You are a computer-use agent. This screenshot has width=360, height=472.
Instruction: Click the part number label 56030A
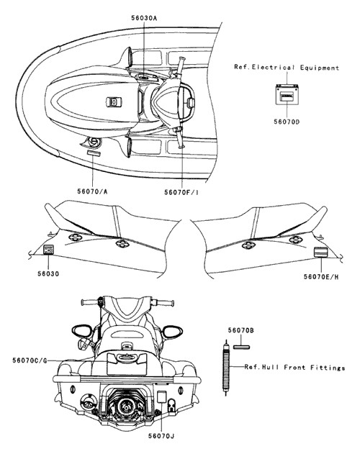coord(144,18)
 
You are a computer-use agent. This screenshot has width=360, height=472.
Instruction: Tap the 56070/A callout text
coord(92,191)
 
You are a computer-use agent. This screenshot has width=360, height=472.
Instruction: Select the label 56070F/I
coord(181,192)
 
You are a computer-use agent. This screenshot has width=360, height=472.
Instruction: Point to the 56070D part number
coord(287,122)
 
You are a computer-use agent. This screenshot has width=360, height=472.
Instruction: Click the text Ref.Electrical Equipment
coord(287,68)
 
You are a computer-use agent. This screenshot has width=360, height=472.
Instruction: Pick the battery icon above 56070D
coord(287,94)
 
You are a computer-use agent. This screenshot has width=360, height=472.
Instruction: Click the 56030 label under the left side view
coord(48,274)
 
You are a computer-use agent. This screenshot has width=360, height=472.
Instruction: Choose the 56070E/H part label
coord(321,276)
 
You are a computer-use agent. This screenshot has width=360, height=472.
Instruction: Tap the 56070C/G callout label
coord(30,360)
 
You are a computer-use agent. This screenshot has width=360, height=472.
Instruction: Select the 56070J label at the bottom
coord(161,435)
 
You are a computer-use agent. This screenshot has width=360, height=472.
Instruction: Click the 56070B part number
coord(241,330)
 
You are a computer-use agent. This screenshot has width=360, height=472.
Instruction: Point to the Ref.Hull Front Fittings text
coord(294,367)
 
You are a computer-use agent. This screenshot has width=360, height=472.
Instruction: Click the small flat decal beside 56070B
coord(242,348)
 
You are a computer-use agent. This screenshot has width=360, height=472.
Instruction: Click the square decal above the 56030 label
coord(48,250)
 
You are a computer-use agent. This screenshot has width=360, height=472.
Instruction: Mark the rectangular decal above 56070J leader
coord(162,396)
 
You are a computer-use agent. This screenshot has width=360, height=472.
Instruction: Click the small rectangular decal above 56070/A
coord(94,153)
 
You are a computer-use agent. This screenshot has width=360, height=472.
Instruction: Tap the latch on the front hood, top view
coord(114,101)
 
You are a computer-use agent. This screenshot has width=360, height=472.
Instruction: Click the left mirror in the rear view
coord(82,331)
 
